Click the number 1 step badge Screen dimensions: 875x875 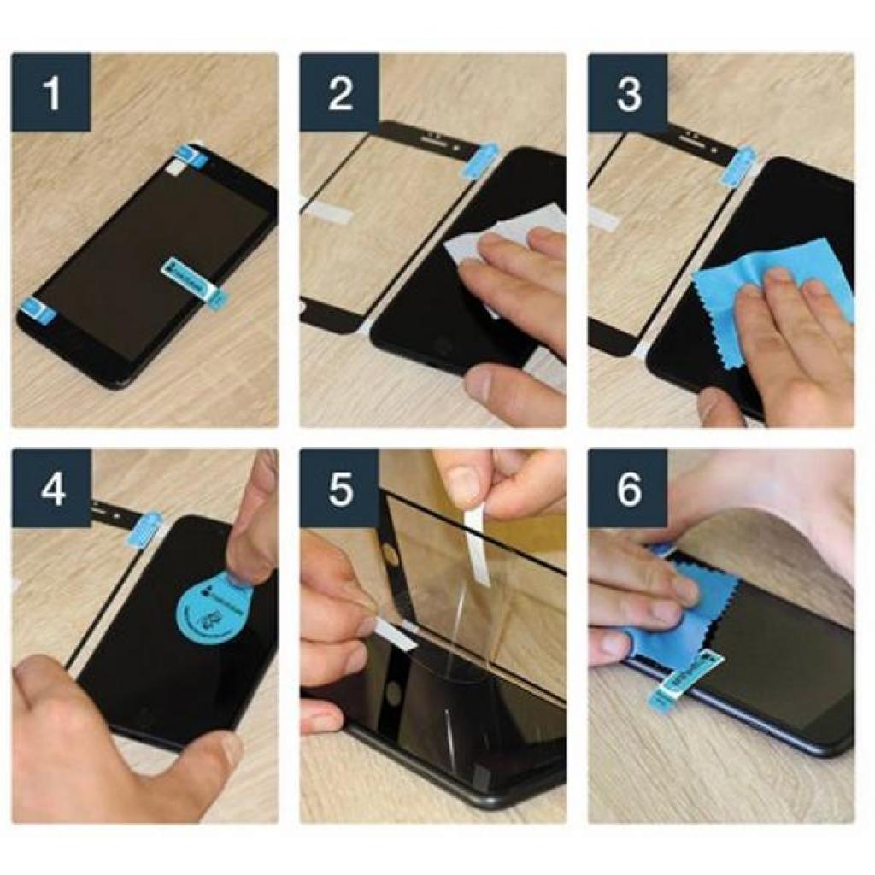tap(51, 92)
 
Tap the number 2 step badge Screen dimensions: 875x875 tap(339, 92)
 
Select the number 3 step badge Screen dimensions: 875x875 tap(628, 92)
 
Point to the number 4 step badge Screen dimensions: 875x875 tap(51, 488)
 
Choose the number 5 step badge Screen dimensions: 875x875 tap(339, 488)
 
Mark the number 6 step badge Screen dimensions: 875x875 tap(628, 488)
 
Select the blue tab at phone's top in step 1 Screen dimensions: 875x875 tap(191, 156)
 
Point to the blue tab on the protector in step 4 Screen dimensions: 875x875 tap(144, 529)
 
